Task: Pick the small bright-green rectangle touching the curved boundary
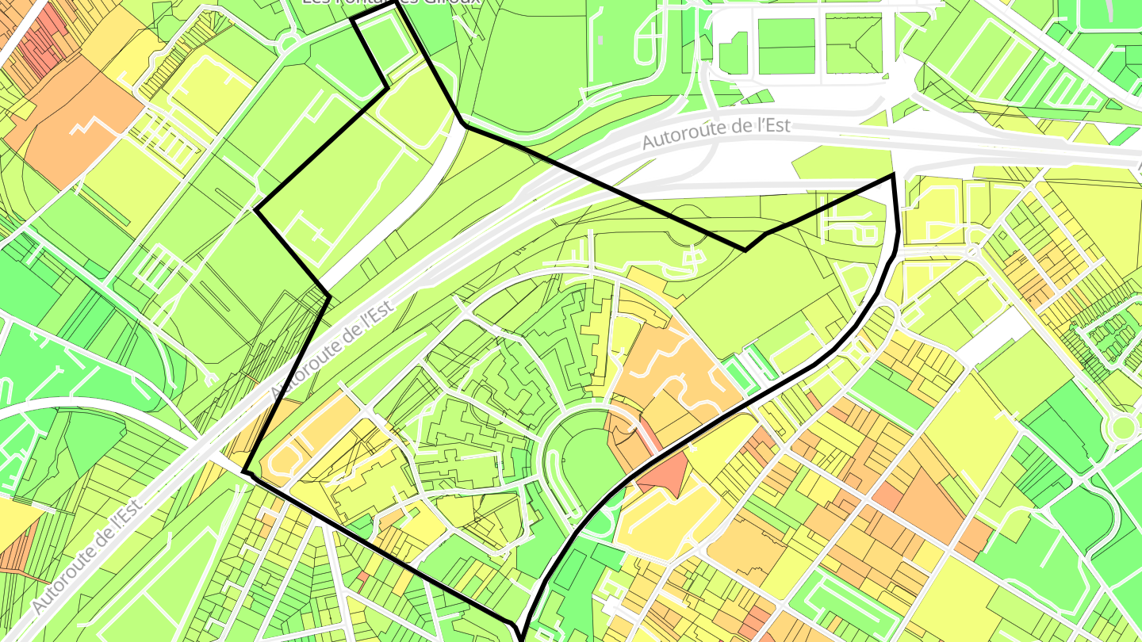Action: coord(741,372)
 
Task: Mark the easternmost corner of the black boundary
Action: coord(895,175)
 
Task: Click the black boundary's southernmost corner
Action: coord(523,639)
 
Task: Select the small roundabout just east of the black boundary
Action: coord(973,251)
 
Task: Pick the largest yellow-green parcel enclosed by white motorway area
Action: coord(841,162)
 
